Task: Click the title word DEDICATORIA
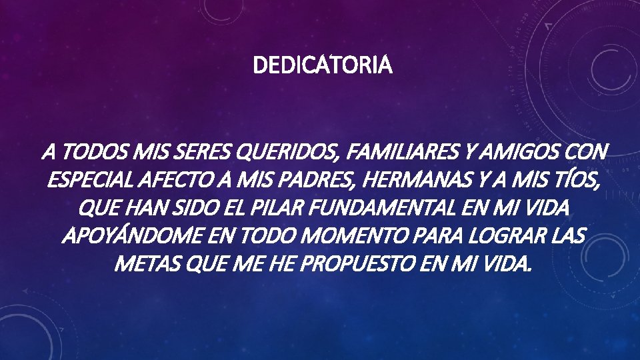323,66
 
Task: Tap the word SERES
197,153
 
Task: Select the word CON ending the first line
587,153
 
